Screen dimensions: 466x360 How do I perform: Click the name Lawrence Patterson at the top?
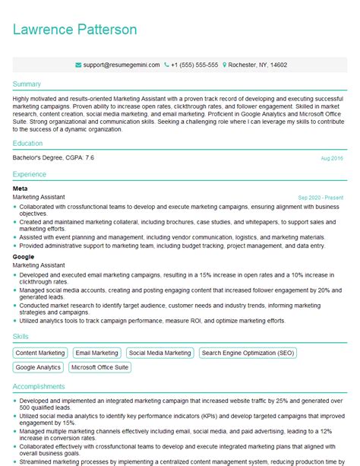click(x=74, y=30)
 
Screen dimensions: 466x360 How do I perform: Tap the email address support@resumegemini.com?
click(x=122, y=66)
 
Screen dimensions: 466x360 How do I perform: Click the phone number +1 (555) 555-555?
click(x=194, y=66)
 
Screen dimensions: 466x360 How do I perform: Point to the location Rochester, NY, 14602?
click(x=256, y=66)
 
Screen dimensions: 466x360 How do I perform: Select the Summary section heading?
click(x=27, y=83)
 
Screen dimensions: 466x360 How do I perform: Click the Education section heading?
click(x=29, y=142)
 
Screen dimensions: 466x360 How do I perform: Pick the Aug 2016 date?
click(x=332, y=158)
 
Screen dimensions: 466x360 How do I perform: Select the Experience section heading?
click(x=30, y=173)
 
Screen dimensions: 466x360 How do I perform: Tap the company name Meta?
click(x=21, y=187)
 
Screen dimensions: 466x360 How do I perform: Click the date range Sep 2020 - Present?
click(x=320, y=196)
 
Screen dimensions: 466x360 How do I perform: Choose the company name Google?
click(x=24, y=256)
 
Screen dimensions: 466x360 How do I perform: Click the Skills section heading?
click(x=21, y=335)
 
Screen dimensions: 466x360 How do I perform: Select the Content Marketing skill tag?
click(x=40, y=353)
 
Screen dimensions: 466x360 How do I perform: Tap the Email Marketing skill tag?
click(x=96, y=353)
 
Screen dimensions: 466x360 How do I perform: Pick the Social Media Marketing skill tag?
click(x=159, y=353)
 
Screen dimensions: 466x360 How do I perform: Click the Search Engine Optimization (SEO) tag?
click(x=248, y=353)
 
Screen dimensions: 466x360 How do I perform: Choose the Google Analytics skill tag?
click(x=38, y=367)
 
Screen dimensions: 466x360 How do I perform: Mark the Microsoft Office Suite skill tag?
click(x=99, y=367)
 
